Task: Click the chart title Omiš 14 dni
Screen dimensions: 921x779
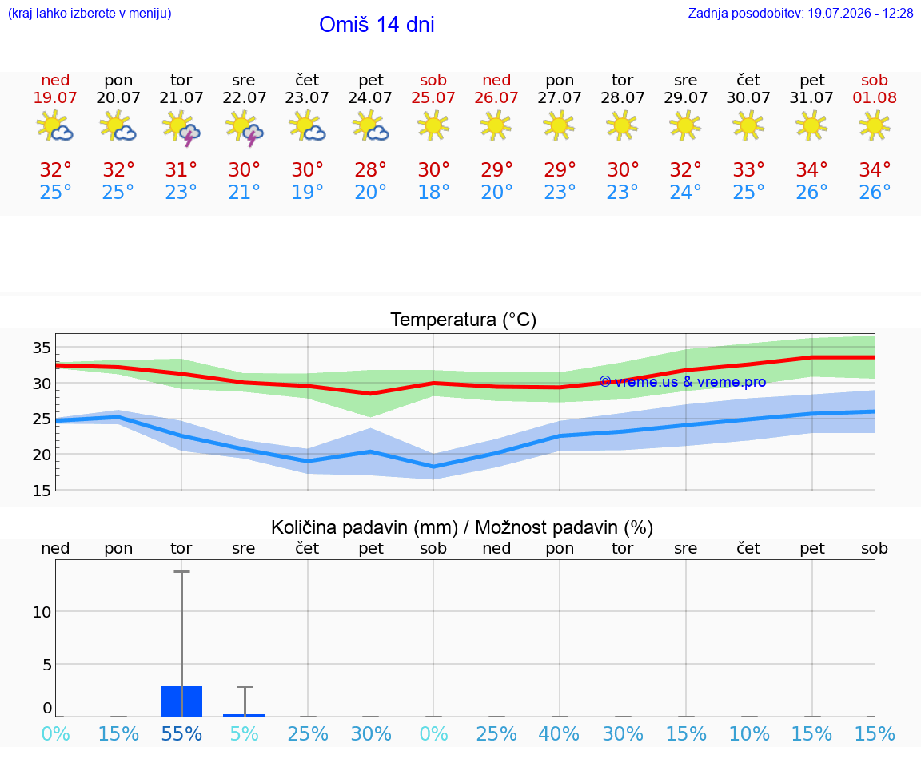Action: click(377, 25)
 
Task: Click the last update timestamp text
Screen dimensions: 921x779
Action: click(800, 13)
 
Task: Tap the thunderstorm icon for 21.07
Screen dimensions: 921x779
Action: click(181, 127)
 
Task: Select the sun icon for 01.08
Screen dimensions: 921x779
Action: click(874, 125)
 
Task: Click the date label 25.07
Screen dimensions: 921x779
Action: click(433, 97)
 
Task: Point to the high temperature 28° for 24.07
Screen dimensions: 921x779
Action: click(370, 169)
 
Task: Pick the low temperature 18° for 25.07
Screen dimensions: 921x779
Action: click(433, 192)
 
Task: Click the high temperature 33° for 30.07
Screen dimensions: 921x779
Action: click(748, 169)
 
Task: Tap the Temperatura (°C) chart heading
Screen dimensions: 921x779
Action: click(464, 320)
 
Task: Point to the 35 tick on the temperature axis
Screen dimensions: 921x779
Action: click(42, 348)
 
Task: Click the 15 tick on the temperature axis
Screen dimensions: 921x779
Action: click(42, 491)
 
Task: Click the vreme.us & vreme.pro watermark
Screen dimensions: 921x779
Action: click(683, 382)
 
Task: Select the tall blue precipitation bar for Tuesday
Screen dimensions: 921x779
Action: click(181, 701)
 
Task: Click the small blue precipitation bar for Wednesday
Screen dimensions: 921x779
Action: click(245, 716)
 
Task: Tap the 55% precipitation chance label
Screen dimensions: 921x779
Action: click(181, 733)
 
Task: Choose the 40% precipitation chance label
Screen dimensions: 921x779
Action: click(559, 733)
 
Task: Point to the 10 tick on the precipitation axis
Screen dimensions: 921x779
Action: click(42, 612)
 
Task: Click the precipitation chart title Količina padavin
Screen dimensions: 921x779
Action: click(461, 527)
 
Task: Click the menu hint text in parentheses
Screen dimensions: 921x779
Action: click(90, 13)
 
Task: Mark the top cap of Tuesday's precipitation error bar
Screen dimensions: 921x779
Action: click(181, 571)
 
